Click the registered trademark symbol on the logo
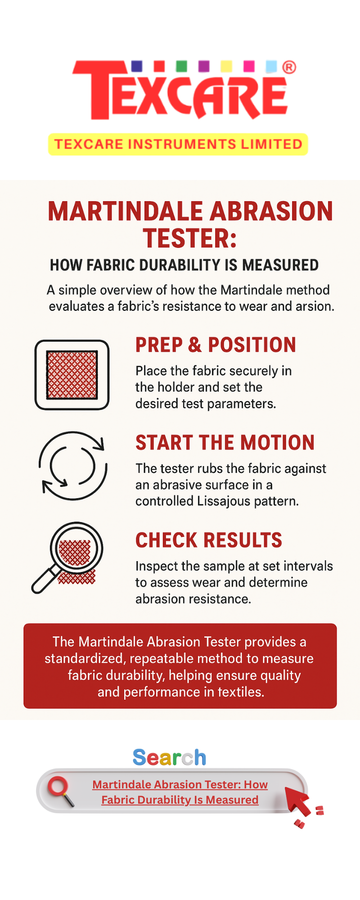tap(289, 67)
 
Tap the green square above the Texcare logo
tap(181, 66)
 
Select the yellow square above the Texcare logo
tap(226, 66)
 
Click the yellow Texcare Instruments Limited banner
tap(178, 144)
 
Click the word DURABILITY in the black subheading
tap(180, 265)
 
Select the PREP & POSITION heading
tap(216, 345)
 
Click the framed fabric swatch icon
tap(72, 375)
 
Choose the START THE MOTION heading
tap(225, 443)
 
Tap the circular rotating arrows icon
tap(73, 466)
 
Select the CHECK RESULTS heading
tap(209, 540)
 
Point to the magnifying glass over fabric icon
tap(67, 558)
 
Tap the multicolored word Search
tap(170, 758)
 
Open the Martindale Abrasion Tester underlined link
tap(180, 792)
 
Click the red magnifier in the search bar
tap(61, 791)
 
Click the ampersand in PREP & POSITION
tap(195, 345)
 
